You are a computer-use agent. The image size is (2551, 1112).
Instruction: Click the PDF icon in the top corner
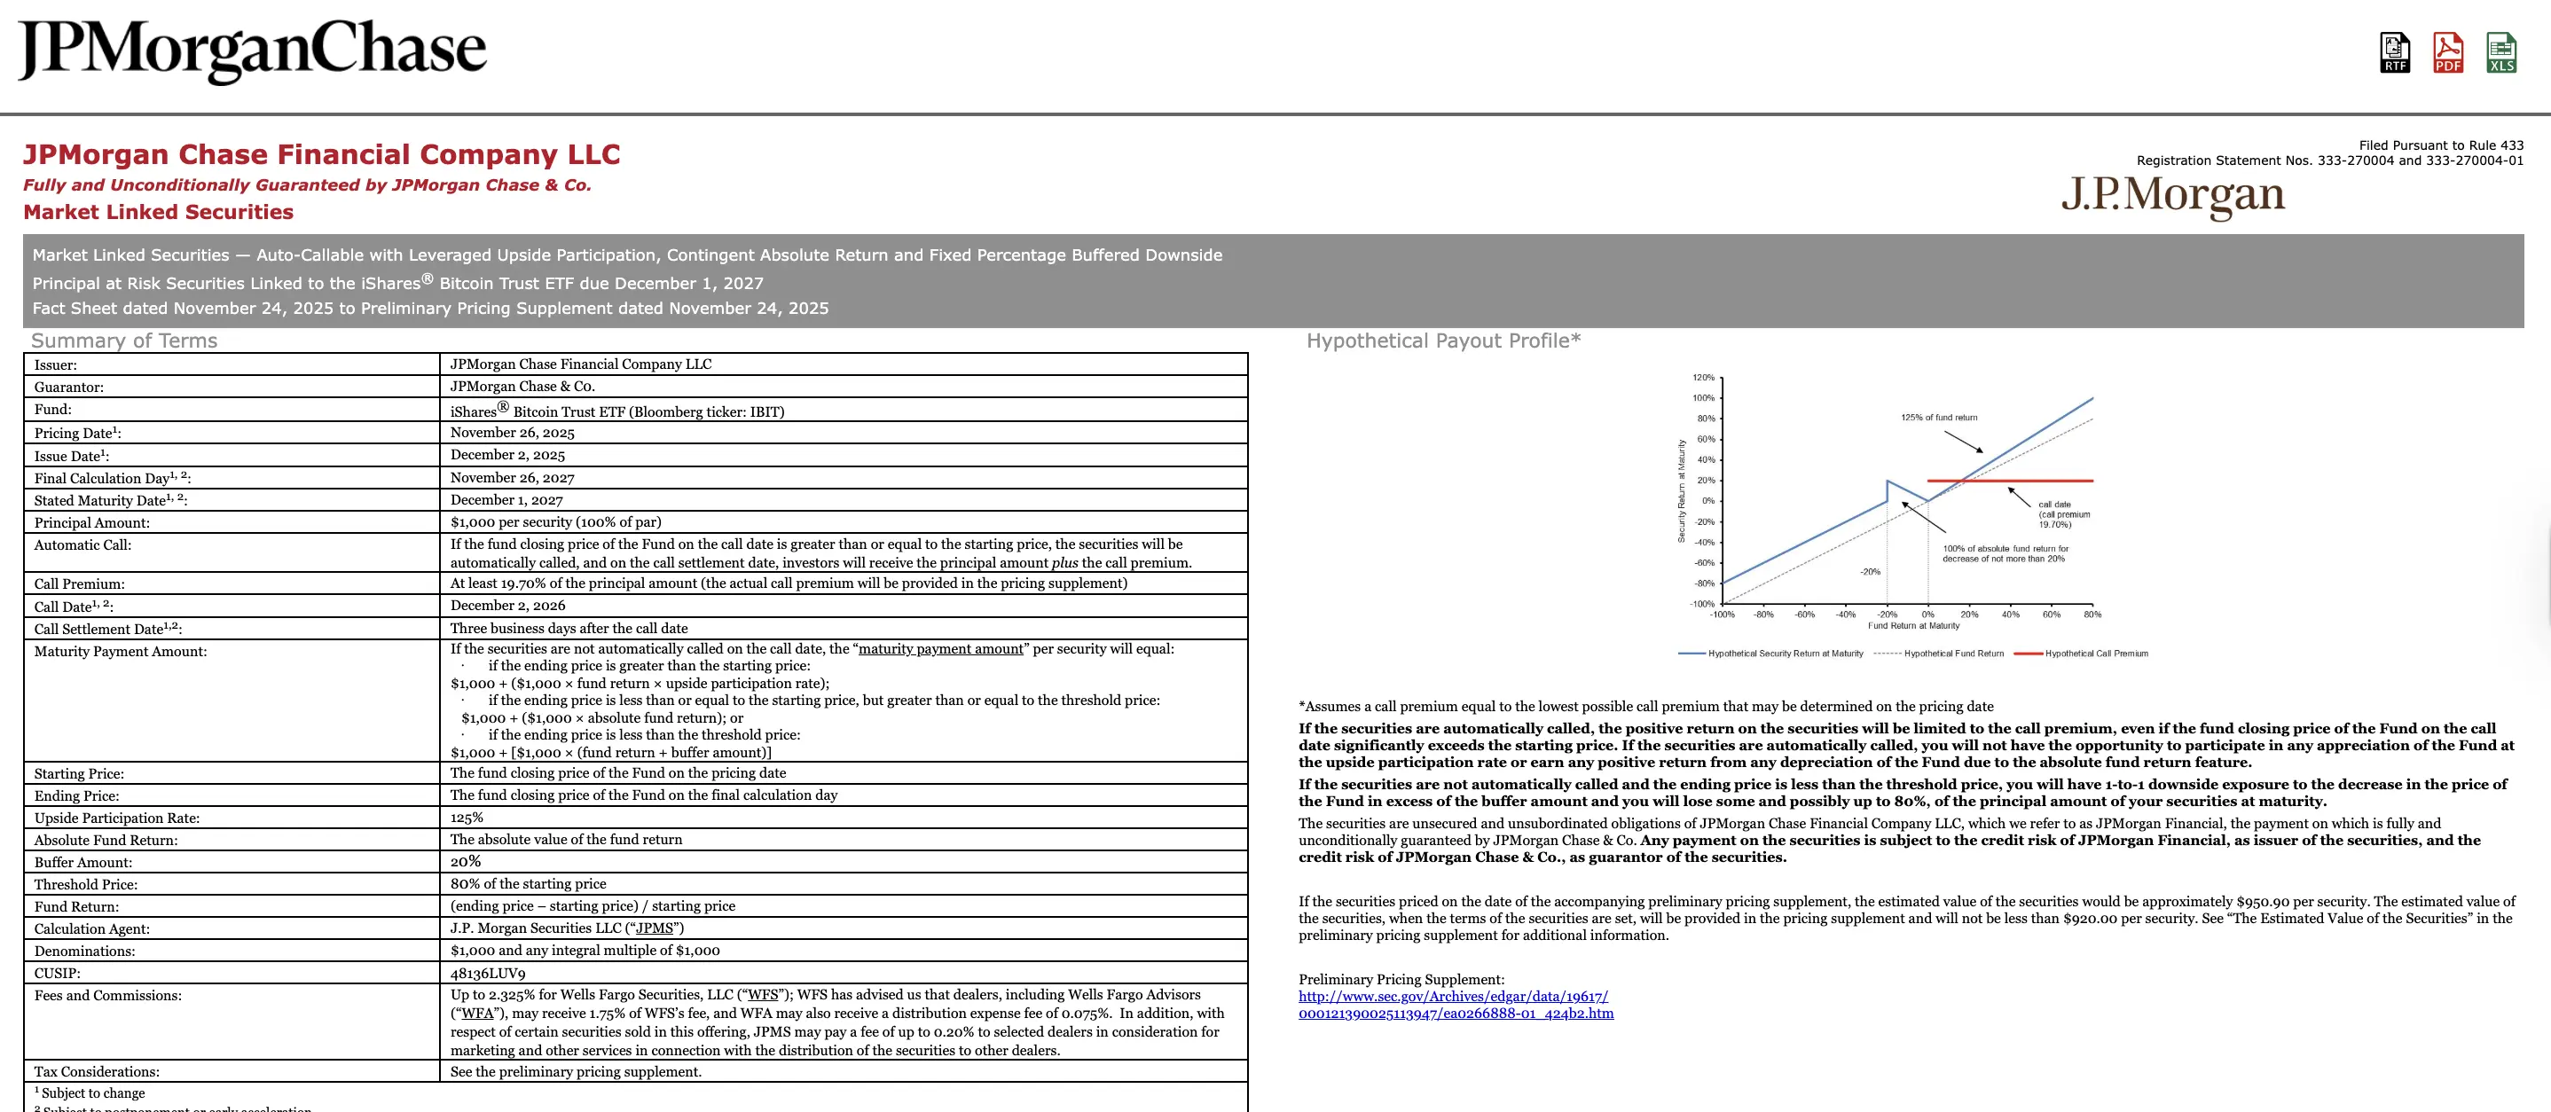2447,52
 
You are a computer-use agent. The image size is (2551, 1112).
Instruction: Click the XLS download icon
2500,52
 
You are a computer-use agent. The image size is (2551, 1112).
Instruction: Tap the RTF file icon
2395,52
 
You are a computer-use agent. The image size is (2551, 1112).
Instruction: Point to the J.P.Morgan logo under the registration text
2173,194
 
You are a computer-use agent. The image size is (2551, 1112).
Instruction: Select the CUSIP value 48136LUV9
487,974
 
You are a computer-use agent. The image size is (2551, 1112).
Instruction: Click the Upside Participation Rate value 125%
467,818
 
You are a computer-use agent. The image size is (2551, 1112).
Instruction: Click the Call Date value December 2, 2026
507,605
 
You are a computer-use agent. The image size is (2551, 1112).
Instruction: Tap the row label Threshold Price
86,884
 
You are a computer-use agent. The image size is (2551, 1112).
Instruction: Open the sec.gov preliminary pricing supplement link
1455,1005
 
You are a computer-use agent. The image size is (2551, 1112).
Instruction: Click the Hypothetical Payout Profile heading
1443,341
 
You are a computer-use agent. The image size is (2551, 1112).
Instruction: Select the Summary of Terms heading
124,341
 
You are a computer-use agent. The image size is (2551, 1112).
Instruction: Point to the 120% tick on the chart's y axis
1703,377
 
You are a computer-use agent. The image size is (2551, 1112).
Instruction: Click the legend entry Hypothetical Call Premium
2095,654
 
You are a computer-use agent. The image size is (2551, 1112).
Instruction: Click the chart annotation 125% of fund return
1938,418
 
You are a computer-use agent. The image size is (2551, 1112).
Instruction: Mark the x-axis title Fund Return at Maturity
1913,626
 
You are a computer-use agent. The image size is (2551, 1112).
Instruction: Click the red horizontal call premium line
2040,482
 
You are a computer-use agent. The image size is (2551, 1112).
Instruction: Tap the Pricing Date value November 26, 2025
512,433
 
